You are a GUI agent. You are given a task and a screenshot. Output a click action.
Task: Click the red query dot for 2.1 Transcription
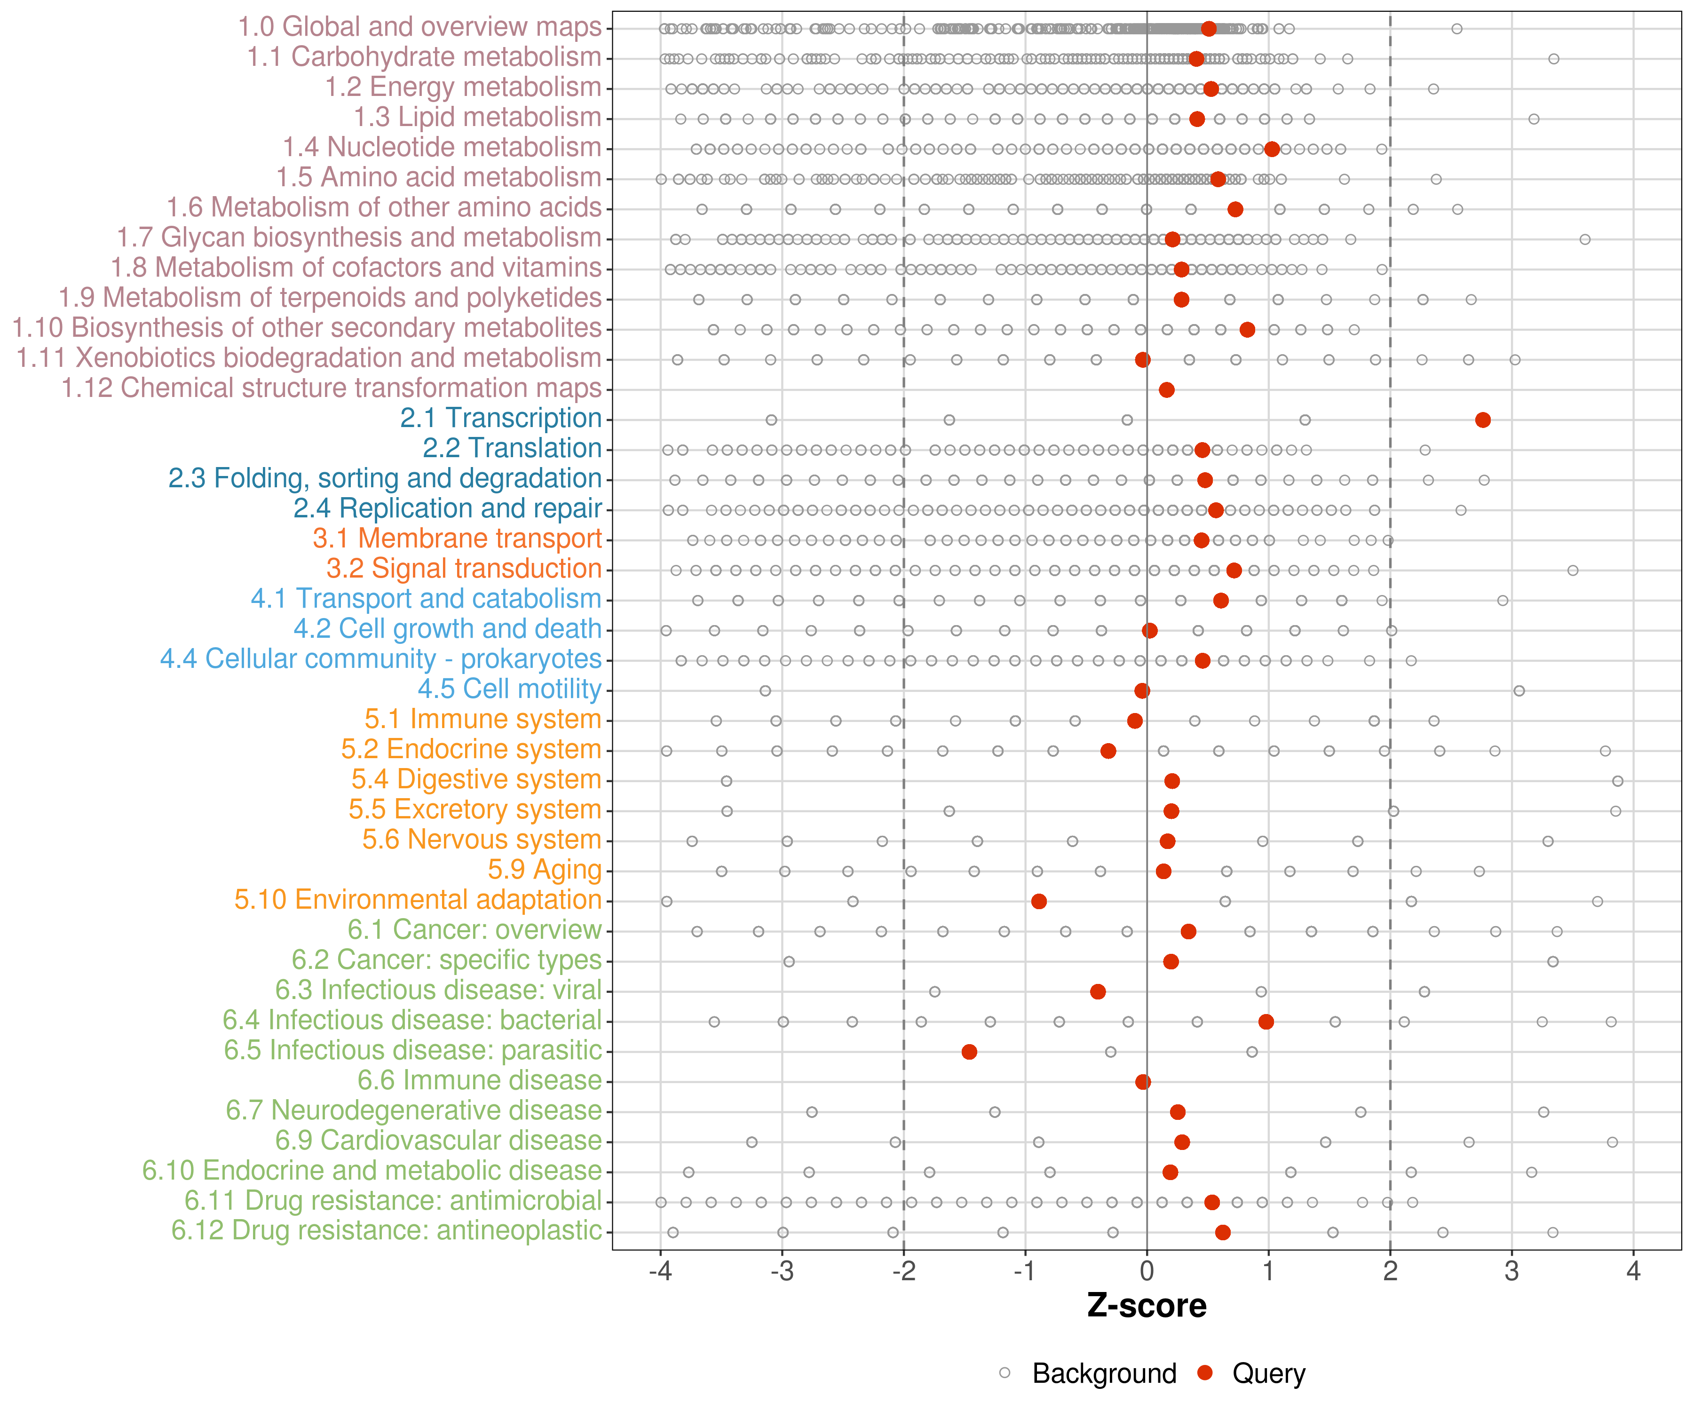point(1483,420)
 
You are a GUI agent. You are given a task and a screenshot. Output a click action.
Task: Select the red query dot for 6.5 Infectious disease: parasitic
point(969,1051)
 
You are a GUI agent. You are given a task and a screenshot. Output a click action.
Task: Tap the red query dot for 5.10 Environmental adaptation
point(1038,902)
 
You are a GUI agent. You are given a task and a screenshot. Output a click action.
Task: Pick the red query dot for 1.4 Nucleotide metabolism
point(1271,149)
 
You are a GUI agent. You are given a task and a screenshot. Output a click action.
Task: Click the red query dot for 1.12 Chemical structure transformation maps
point(1166,390)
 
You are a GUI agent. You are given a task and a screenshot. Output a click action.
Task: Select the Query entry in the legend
point(1268,1373)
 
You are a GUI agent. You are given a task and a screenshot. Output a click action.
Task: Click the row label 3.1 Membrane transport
point(457,539)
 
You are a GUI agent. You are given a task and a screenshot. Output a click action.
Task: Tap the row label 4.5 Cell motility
point(509,690)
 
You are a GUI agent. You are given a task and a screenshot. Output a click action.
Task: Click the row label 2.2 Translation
point(512,448)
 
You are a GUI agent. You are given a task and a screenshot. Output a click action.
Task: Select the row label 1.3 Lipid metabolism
point(477,118)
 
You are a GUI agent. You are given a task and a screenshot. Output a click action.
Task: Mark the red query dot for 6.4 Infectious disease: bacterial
point(1266,1022)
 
